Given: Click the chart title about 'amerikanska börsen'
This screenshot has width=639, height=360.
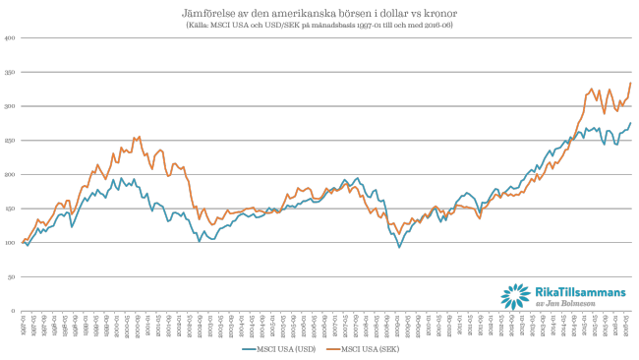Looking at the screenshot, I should click(x=319, y=15).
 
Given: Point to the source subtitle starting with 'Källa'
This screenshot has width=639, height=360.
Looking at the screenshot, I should click(x=319, y=26).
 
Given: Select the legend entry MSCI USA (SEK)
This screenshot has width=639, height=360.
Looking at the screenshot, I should click(x=370, y=348).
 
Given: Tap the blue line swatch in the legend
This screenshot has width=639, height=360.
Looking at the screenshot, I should click(x=250, y=348).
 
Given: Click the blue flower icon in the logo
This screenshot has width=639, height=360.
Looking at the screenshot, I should click(x=514, y=295).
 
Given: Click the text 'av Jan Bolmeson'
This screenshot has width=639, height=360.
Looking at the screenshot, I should click(x=564, y=304).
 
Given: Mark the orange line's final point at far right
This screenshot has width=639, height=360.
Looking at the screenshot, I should click(x=630, y=83).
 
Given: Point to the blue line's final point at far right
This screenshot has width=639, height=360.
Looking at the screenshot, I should click(x=630, y=123).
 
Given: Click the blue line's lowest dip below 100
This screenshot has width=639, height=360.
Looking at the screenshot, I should click(x=399, y=246).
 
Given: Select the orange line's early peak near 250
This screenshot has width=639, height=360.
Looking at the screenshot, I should click(x=139, y=137).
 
